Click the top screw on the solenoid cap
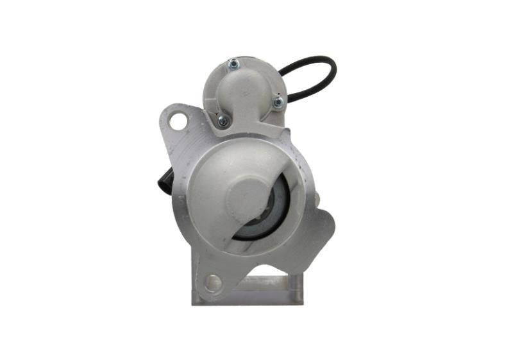[232, 63]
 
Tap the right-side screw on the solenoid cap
[278, 101]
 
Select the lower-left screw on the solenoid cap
[223, 120]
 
